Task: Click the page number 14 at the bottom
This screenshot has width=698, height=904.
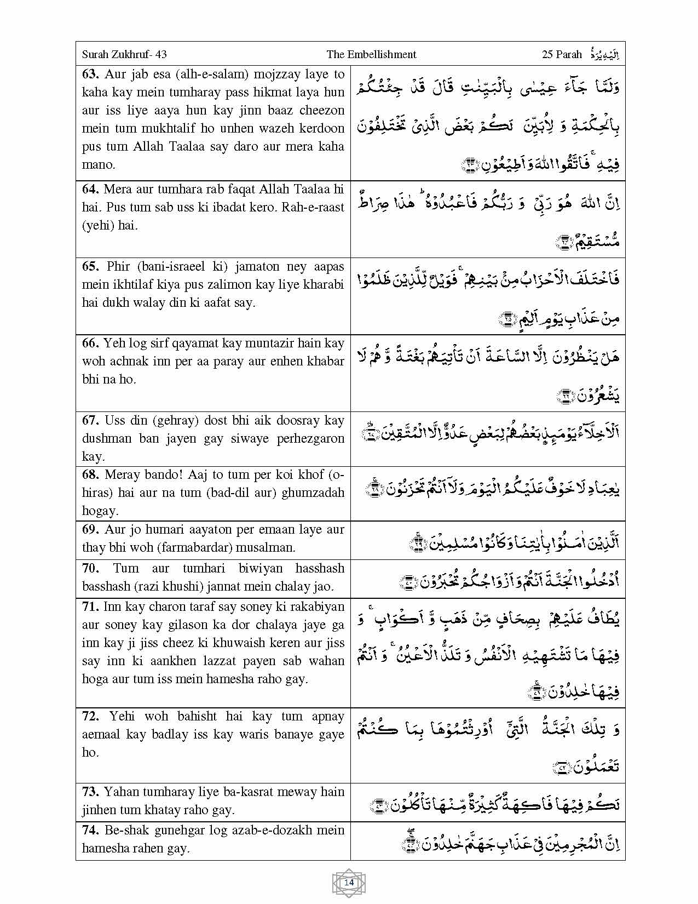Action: pyautogui.click(x=349, y=883)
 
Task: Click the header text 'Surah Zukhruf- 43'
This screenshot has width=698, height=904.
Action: pyautogui.click(x=124, y=54)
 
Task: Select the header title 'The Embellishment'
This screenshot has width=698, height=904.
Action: pyautogui.click(x=371, y=54)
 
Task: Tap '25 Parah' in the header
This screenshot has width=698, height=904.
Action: pyautogui.click(x=562, y=54)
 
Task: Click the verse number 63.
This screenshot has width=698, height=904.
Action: pyautogui.click(x=90, y=75)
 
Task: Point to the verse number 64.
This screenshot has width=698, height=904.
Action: pyautogui.click(x=90, y=190)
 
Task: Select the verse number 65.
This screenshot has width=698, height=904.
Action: pyautogui.click(x=90, y=267)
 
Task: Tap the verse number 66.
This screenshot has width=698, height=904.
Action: pyautogui.click(x=90, y=344)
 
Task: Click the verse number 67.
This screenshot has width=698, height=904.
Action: pyautogui.click(x=90, y=421)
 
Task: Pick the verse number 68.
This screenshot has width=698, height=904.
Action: pyautogui.click(x=90, y=475)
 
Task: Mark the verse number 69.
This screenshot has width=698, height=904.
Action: pyautogui.click(x=90, y=530)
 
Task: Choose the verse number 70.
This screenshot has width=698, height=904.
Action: pyautogui.click(x=90, y=569)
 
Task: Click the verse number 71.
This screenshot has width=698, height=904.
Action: pyautogui.click(x=90, y=607)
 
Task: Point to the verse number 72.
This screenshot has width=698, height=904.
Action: pyautogui.click(x=90, y=717)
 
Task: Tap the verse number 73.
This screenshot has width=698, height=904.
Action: pyautogui.click(x=90, y=792)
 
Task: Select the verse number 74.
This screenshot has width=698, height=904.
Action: pyautogui.click(x=90, y=831)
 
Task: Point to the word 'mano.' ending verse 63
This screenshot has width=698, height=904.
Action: pyautogui.click(x=99, y=165)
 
